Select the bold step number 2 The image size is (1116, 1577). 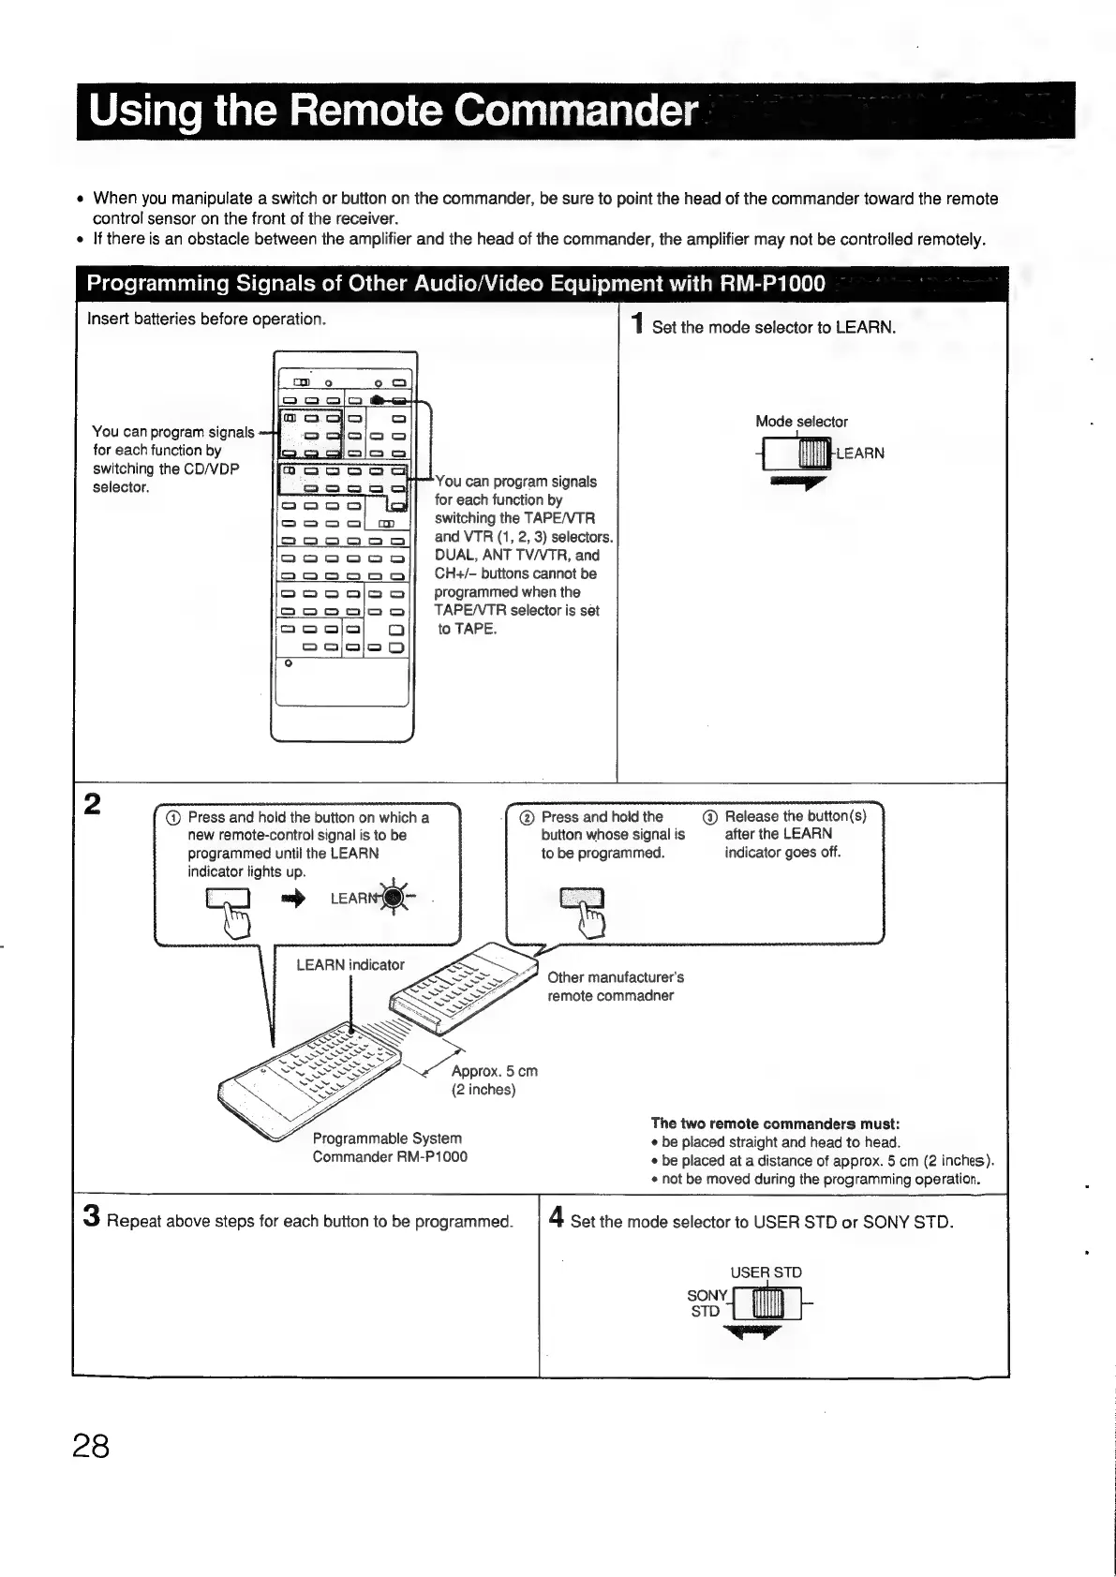[x=92, y=805]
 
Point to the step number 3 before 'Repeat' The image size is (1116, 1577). [x=91, y=1216]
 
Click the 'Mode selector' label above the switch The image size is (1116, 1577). [x=801, y=422]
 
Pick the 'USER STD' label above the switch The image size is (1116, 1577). [x=766, y=1272]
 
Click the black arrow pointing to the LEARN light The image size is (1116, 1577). [x=293, y=898]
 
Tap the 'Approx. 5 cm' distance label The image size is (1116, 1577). [x=494, y=1071]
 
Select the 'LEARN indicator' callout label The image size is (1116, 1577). [x=350, y=964]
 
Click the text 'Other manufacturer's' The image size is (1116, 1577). [x=616, y=977]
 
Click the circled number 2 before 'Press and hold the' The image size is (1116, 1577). [x=528, y=817]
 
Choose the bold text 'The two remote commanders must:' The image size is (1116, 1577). [x=775, y=1123]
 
